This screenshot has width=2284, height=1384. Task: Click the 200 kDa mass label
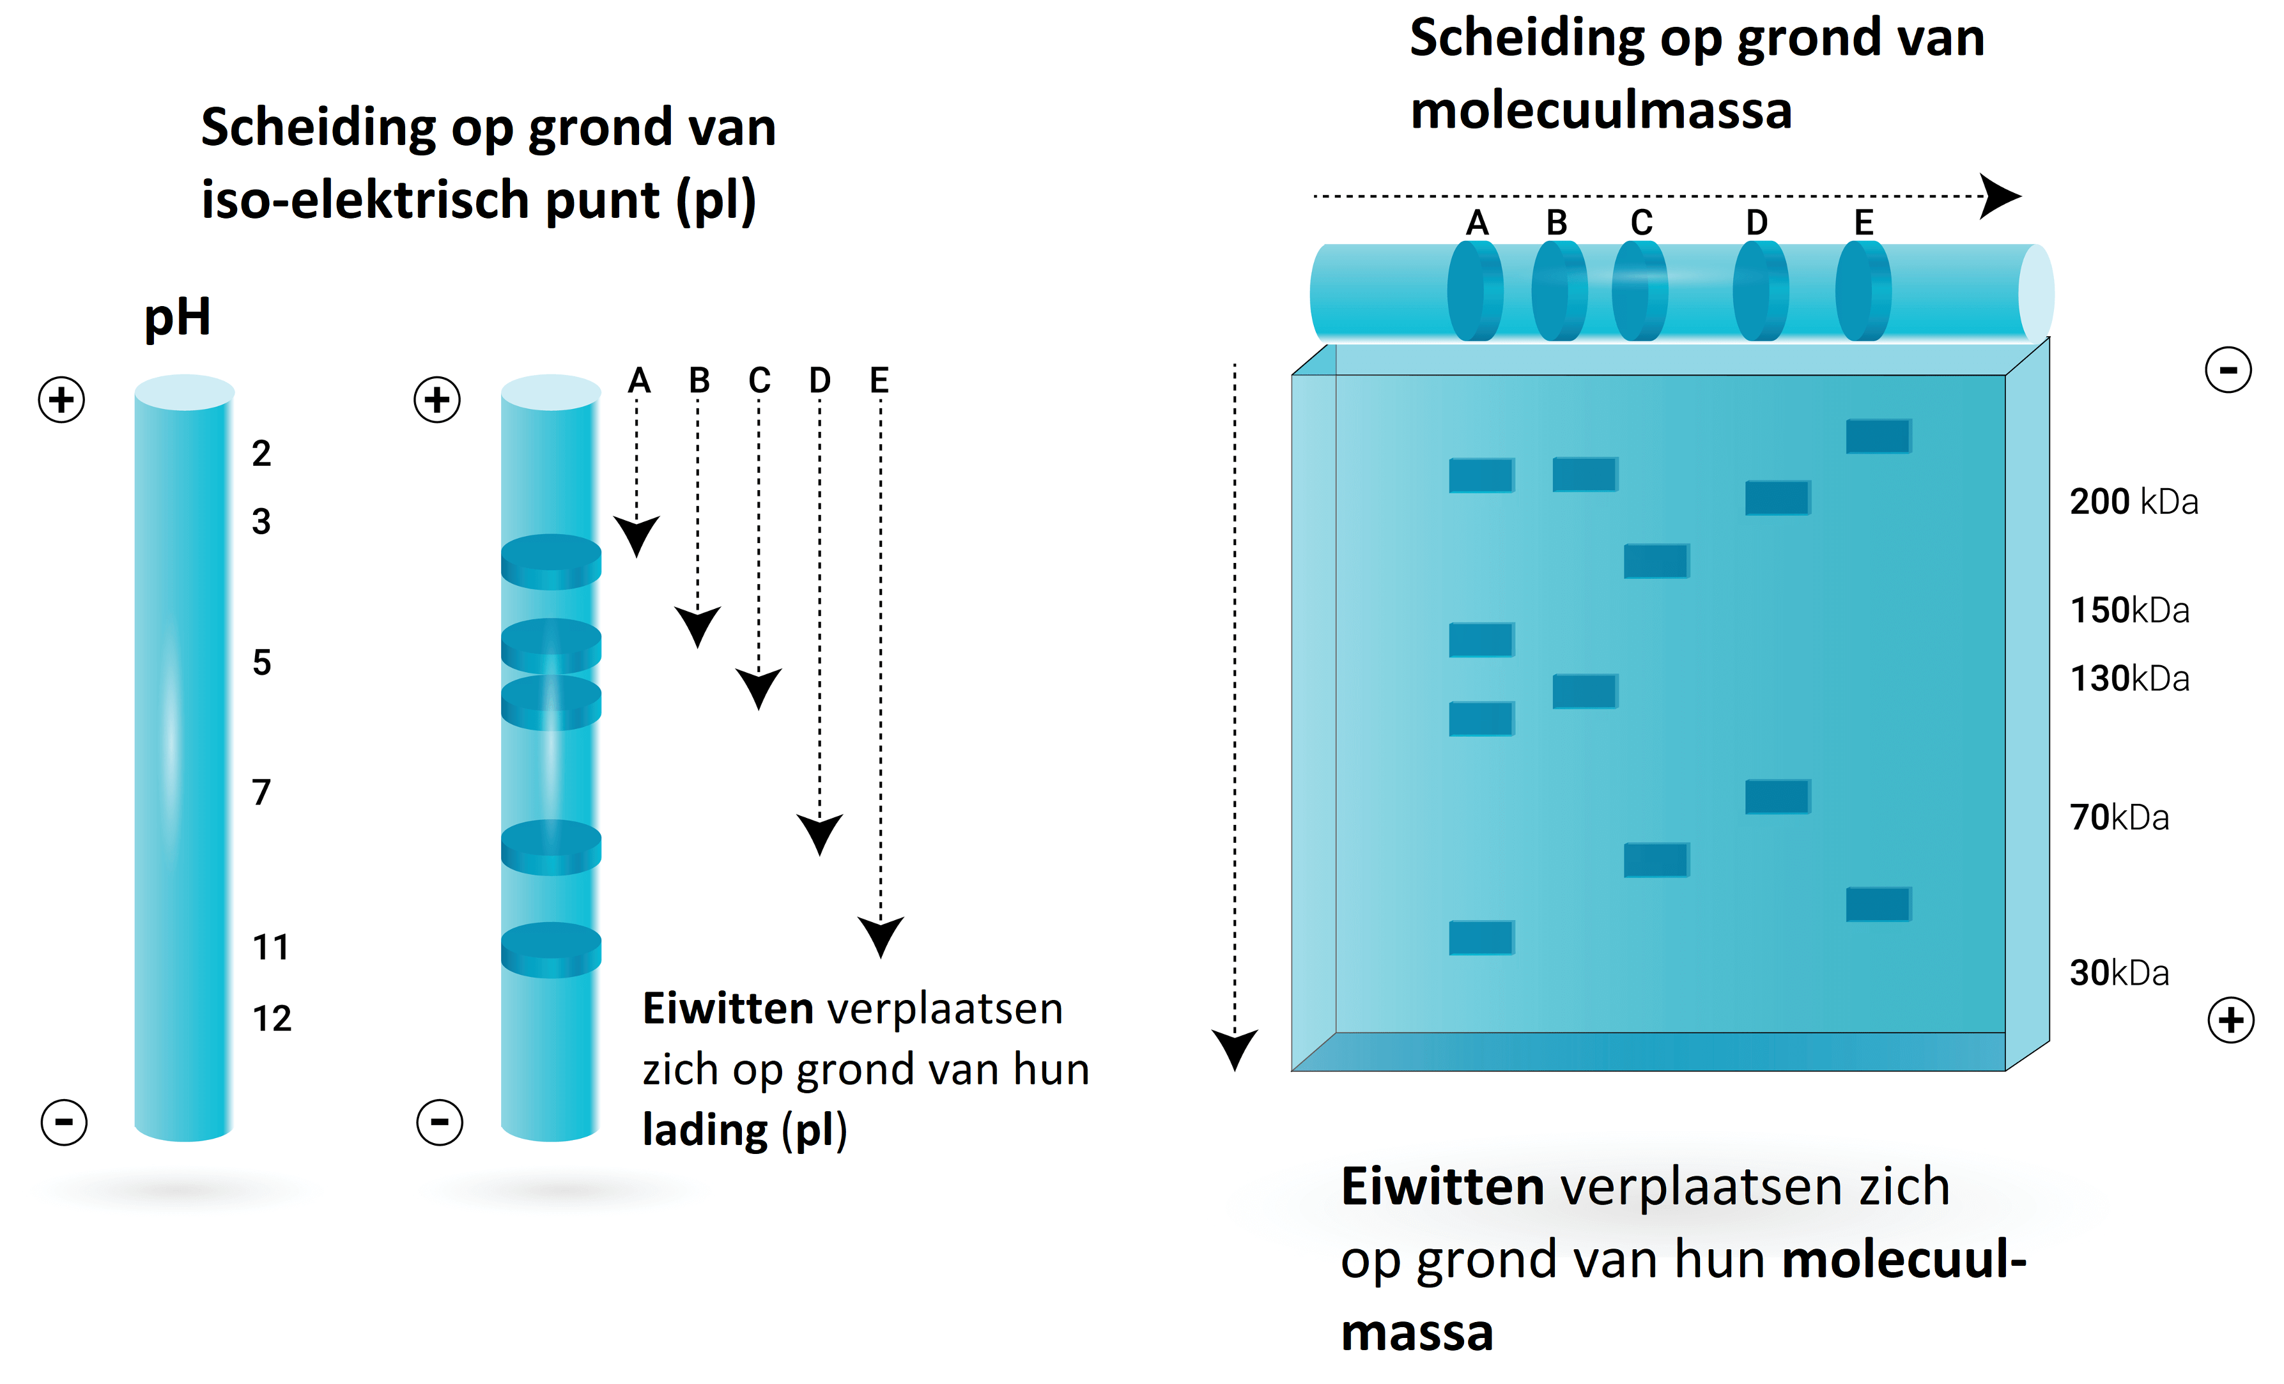click(x=2133, y=502)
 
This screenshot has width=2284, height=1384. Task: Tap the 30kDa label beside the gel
click(x=2119, y=973)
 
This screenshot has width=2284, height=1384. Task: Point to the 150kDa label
click(x=2129, y=610)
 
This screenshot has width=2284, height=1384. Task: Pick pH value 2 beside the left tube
click(x=261, y=453)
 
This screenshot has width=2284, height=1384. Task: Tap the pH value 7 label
click(x=261, y=792)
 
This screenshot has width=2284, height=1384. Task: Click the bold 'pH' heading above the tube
click(x=177, y=317)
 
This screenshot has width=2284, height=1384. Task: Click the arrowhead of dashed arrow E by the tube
click(x=880, y=934)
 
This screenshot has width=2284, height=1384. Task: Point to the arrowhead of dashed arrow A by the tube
click(x=637, y=535)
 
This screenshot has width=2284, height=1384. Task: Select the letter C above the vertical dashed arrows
click(x=759, y=380)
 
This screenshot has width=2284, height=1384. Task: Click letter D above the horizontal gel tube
click(x=1757, y=222)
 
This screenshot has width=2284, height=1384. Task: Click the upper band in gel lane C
click(x=1656, y=561)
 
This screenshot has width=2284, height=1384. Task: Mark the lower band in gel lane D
click(x=1777, y=796)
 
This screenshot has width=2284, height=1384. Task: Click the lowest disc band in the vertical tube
click(x=551, y=950)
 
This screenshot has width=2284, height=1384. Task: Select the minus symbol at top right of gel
click(x=2228, y=370)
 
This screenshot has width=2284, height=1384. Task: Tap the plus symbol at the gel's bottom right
click(x=2230, y=1020)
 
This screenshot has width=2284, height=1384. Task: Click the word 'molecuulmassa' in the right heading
click(x=1601, y=111)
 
